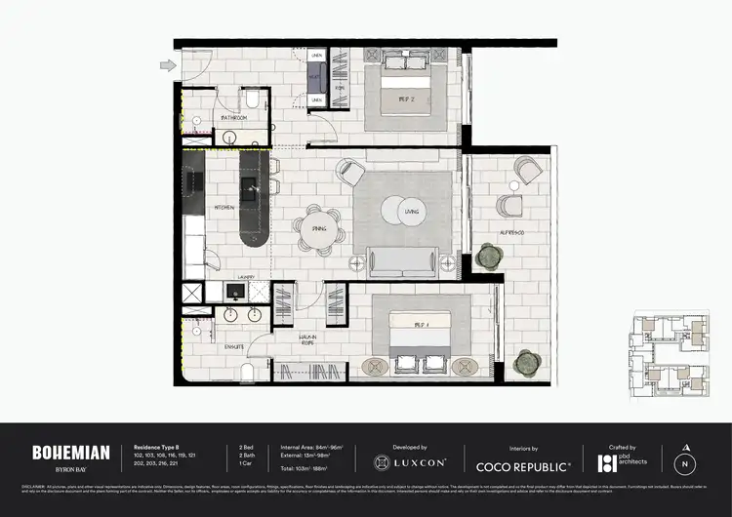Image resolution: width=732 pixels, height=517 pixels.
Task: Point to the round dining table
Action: pyautogui.click(x=320, y=227)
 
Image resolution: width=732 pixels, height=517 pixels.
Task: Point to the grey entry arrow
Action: pyautogui.click(x=168, y=65)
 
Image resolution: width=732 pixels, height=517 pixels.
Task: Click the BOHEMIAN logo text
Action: pyautogui.click(x=63, y=452)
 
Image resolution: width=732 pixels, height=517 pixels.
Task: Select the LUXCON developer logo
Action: pyautogui.click(x=411, y=460)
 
